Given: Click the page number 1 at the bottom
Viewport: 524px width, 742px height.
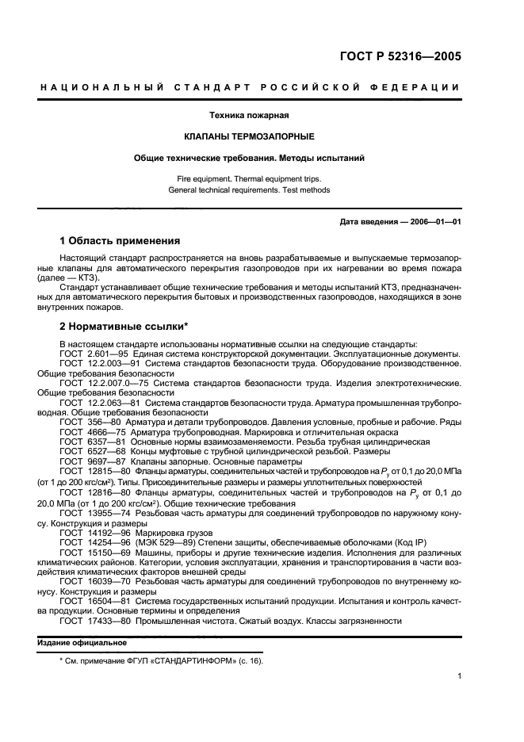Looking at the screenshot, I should tap(459, 676).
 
